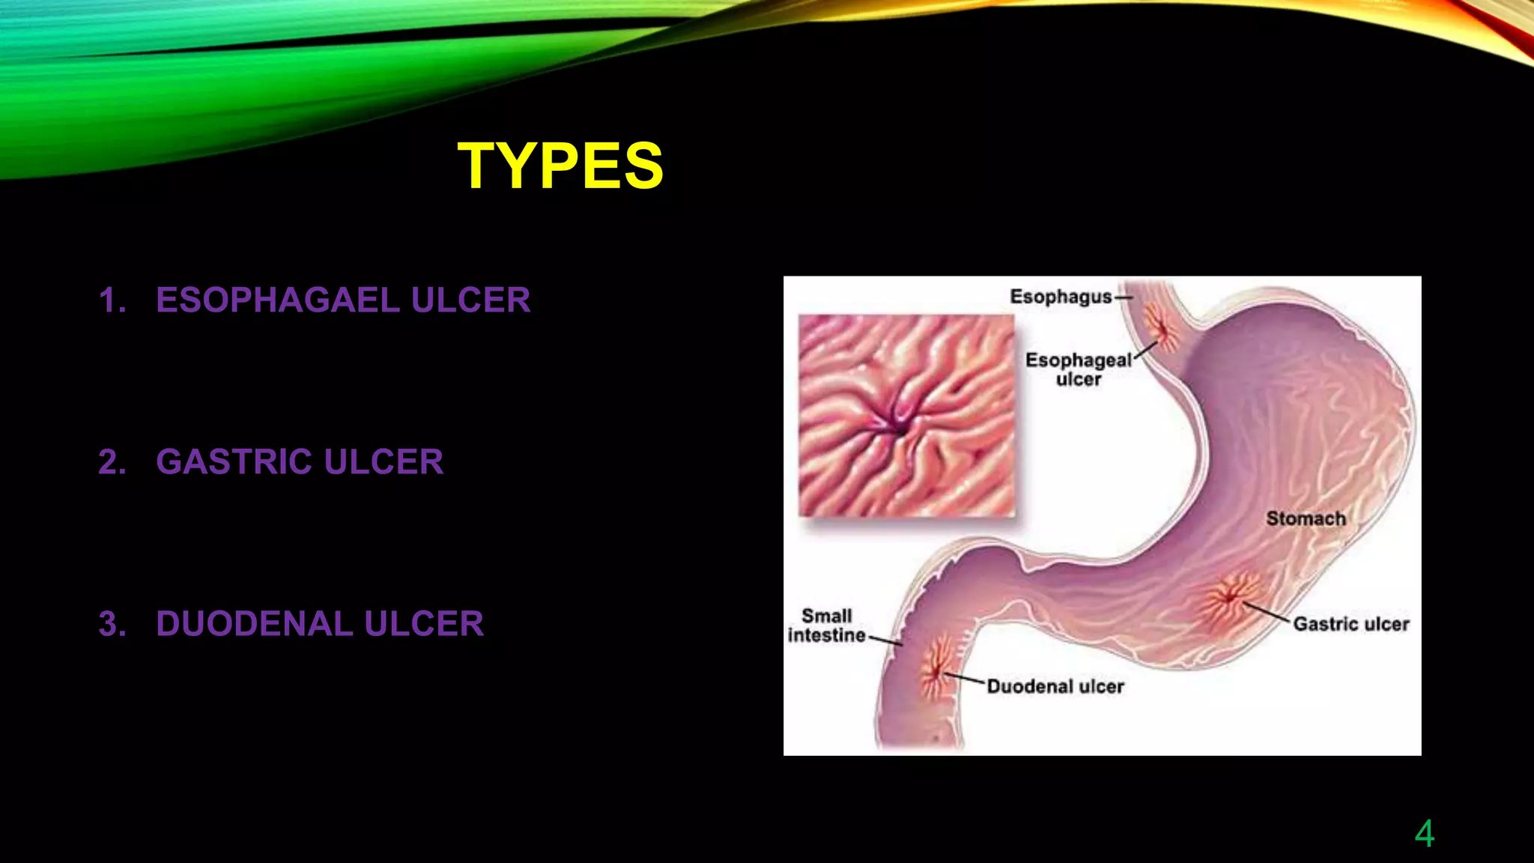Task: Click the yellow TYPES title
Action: click(x=560, y=166)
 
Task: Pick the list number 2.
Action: click(x=112, y=461)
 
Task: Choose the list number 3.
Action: click(x=112, y=624)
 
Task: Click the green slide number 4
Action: click(x=1424, y=834)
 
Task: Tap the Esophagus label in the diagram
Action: click(x=1061, y=297)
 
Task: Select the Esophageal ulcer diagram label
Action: click(x=1078, y=369)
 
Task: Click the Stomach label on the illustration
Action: click(x=1306, y=518)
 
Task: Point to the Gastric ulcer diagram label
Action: click(x=1351, y=624)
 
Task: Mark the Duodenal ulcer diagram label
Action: click(x=1055, y=686)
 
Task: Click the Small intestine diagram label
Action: click(x=827, y=626)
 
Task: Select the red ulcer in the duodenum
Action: click(x=936, y=669)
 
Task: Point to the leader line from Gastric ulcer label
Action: click(x=1267, y=612)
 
